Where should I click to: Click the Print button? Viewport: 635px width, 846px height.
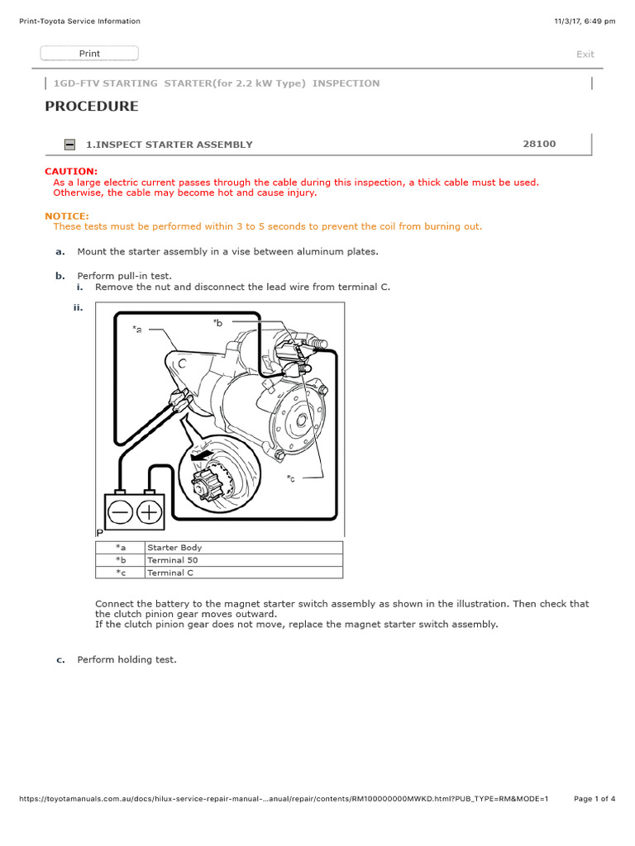tap(89, 54)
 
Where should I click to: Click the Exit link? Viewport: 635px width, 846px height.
tap(585, 55)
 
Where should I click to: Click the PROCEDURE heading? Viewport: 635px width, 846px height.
tap(91, 107)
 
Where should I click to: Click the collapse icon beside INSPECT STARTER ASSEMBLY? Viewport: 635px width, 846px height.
tap(70, 145)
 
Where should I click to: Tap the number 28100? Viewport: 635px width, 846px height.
tap(539, 144)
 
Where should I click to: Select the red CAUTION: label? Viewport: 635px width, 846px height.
tap(70, 171)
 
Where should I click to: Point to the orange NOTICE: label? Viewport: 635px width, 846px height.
tap(66, 216)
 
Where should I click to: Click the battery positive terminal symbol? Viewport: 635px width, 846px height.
tap(149, 511)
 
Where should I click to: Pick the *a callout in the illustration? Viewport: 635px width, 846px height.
tap(136, 329)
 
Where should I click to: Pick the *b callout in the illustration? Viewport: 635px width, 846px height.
tap(217, 323)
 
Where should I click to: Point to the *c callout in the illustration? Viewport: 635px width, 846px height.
tap(291, 478)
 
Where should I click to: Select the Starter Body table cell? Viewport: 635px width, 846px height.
tap(174, 548)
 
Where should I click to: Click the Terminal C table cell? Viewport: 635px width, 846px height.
tap(170, 573)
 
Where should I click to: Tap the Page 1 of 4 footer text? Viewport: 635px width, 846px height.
tap(594, 799)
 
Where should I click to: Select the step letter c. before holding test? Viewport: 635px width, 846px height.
tap(60, 660)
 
